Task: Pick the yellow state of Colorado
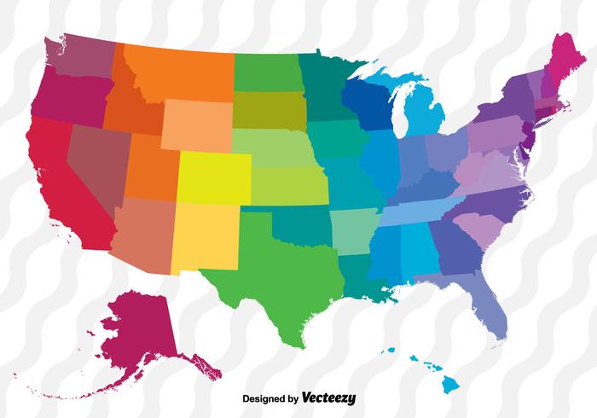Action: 213,175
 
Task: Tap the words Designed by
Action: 270,398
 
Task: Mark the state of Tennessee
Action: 418,209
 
